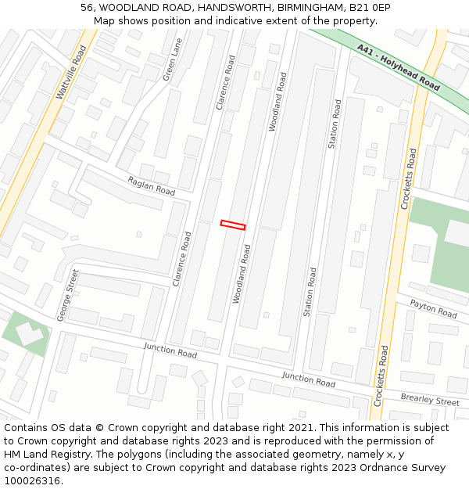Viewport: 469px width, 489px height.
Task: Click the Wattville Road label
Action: click(x=71, y=72)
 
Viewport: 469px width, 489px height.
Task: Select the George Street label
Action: click(x=68, y=295)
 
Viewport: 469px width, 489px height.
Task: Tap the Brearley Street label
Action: click(x=430, y=401)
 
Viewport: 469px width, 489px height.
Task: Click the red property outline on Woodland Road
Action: click(x=233, y=225)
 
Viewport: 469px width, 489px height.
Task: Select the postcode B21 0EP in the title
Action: click(x=370, y=8)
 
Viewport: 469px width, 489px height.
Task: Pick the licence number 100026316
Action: click(x=32, y=481)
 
